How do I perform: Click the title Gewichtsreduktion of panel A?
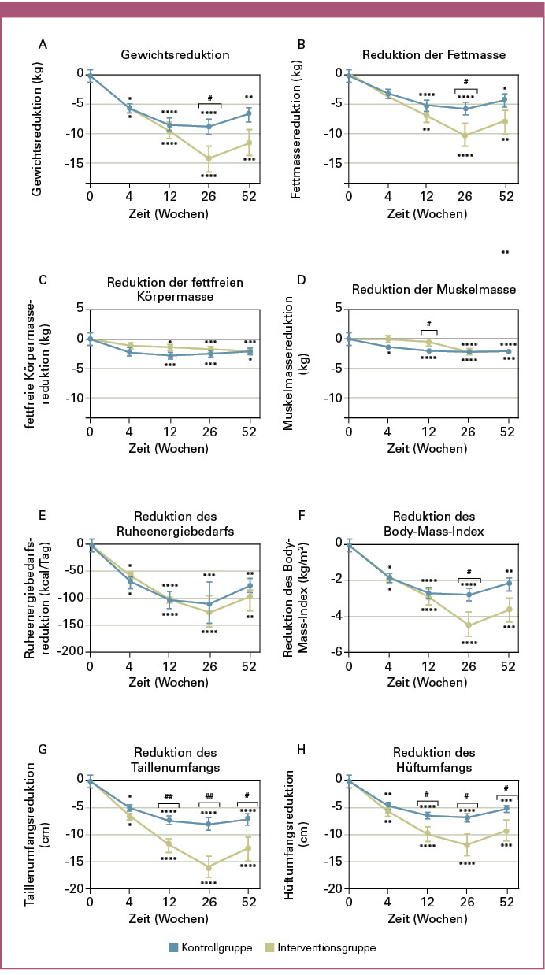175,55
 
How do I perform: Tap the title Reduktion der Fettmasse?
432,55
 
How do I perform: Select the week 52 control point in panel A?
248,113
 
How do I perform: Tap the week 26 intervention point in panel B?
465,135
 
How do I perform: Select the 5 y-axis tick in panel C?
80,309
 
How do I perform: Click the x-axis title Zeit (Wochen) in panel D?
428,450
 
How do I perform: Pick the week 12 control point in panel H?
428,815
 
